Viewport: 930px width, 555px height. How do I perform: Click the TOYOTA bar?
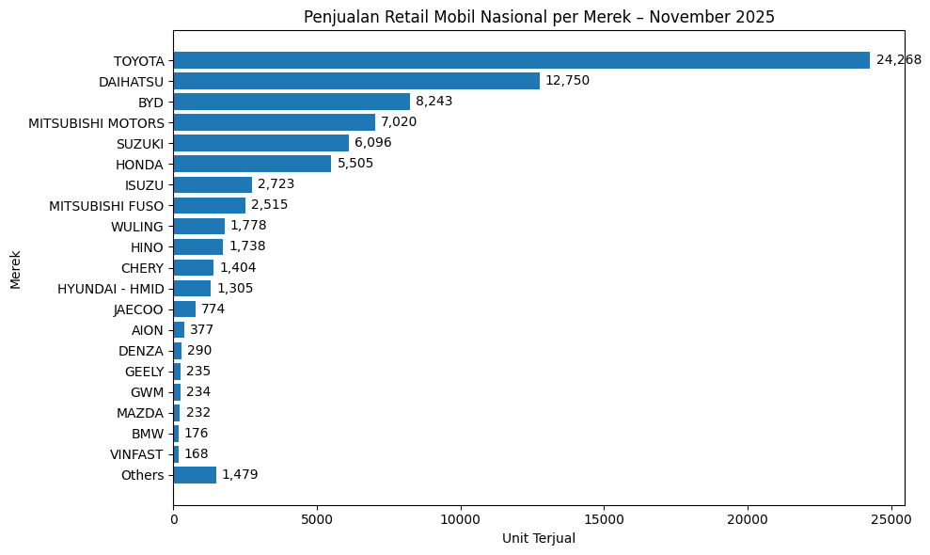point(521,60)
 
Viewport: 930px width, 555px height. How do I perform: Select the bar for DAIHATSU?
point(356,81)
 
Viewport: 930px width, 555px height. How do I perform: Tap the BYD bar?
point(292,102)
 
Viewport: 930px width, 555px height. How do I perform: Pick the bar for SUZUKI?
point(260,143)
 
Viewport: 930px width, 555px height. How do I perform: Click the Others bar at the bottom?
point(195,475)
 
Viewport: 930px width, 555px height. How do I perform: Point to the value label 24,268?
point(899,60)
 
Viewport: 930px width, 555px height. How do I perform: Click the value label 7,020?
point(399,122)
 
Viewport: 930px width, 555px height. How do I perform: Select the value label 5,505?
point(355,164)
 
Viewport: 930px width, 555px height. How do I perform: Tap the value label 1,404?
point(238,268)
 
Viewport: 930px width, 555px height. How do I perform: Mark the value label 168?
point(197,454)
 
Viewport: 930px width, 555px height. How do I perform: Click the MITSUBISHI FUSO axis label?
point(106,206)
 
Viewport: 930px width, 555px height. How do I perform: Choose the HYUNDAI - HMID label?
point(110,289)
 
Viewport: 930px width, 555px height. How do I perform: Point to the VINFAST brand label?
point(136,454)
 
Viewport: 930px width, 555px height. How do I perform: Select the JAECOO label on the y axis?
point(138,309)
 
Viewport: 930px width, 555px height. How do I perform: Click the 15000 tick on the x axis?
point(604,519)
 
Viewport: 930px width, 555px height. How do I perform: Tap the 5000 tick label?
point(317,519)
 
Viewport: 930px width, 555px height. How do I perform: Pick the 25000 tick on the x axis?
point(891,519)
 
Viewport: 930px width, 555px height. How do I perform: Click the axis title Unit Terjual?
point(539,539)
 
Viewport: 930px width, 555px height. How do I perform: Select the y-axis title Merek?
point(15,270)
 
